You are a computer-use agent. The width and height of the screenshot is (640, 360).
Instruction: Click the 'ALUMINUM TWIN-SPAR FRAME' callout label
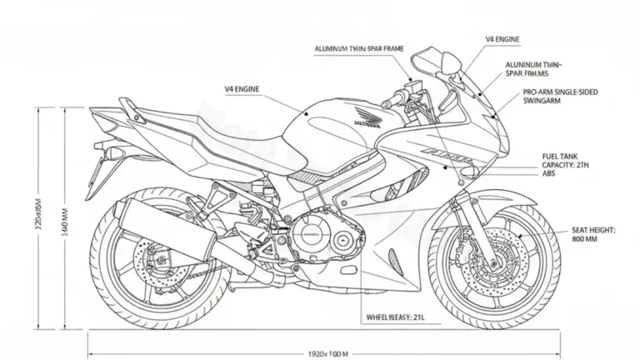(x=359, y=50)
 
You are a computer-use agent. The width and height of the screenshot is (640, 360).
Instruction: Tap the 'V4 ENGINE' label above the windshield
(x=503, y=39)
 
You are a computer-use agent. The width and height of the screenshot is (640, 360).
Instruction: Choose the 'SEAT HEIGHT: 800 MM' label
(x=592, y=233)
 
